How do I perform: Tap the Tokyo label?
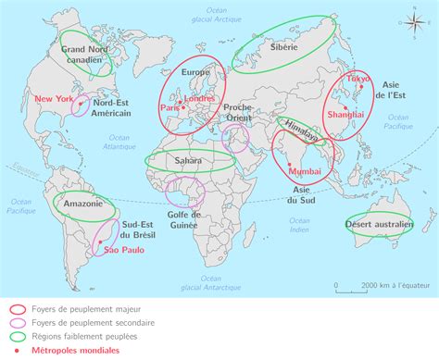tap(357, 80)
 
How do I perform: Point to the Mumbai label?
tap(304, 171)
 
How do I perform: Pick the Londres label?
tap(200, 98)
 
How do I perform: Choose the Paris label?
tap(169, 107)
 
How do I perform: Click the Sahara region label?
tap(188, 160)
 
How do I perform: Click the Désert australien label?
tap(379, 225)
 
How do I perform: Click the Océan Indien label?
tap(298, 225)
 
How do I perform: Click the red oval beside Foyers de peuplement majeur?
tap(17, 310)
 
